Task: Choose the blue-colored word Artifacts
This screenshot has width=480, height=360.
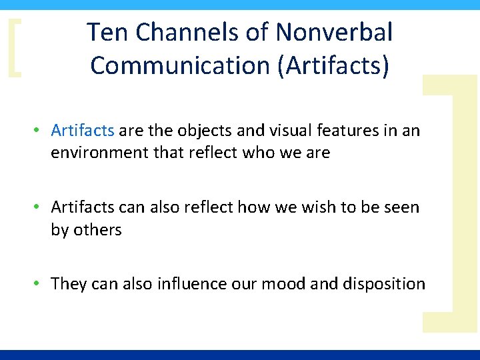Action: click(83, 130)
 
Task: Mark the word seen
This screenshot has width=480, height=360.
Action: click(401, 207)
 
